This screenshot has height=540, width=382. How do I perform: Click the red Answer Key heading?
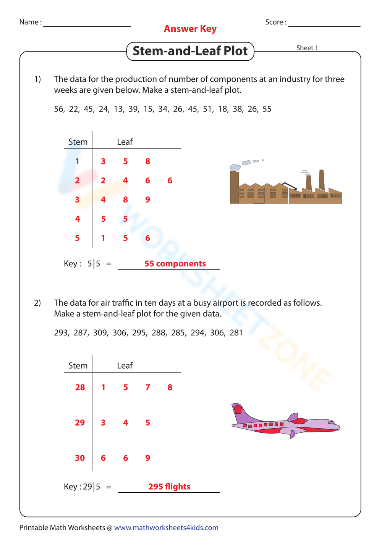coord(190,29)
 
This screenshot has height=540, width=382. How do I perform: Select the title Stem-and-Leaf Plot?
coord(190,51)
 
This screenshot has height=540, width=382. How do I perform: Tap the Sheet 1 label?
coord(307,48)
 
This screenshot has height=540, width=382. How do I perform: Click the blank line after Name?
coord(87,24)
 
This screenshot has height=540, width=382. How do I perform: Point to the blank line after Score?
coord(324,24)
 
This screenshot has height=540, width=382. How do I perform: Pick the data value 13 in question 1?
coord(118,109)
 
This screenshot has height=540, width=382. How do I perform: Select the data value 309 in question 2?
coord(100,333)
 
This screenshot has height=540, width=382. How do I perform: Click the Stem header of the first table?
coord(78,142)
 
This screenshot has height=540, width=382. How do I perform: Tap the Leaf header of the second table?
coord(125,366)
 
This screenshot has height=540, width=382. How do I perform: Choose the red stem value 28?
coord(80,387)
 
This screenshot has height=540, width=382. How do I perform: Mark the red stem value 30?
coord(80,458)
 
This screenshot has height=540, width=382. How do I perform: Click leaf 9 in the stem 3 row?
coord(148,200)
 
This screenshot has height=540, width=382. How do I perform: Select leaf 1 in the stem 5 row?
coord(103,238)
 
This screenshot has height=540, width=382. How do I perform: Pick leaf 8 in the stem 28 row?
coord(170,387)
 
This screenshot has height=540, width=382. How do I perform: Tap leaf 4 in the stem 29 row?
coord(126,423)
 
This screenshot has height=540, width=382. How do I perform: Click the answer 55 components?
coord(175,264)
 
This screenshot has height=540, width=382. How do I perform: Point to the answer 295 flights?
coord(169,487)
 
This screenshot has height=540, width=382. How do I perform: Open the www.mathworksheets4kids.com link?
coord(166,527)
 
